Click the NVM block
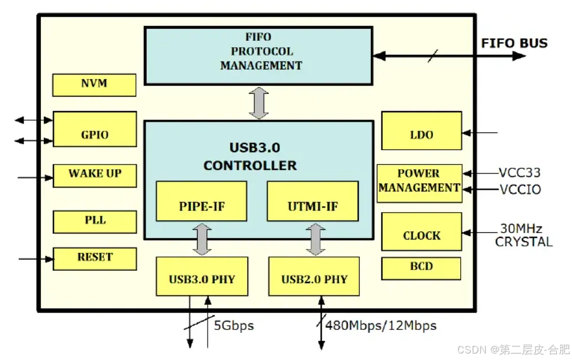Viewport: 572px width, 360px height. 94,85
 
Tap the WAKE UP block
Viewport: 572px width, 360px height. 95,175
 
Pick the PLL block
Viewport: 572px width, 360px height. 95,221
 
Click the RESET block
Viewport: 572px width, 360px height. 95,258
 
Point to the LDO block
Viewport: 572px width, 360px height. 421,131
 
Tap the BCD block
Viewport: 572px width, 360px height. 421,268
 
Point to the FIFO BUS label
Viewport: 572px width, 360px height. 514,43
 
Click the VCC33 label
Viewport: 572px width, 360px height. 519,173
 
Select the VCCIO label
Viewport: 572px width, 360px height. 519,190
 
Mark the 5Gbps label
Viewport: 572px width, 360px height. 234,326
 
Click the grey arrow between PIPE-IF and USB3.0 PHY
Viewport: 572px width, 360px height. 202,239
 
